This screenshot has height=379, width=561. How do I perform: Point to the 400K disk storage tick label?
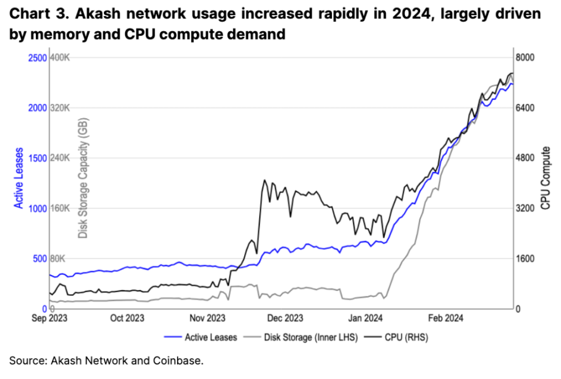pyautogui.click(x=61, y=58)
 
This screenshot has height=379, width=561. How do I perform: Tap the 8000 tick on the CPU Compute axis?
pyautogui.click(x=526, y=58)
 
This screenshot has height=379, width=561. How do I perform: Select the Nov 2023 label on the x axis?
pyautogui.click(x=207, y=318)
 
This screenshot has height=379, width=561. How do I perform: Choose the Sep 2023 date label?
pyautogui.click(x=48, y=318)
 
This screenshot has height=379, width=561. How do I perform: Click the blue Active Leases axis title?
pyautogui.click(x=19, y=178)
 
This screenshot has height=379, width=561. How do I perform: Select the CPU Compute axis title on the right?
pyautogui.click(x=545, y=178)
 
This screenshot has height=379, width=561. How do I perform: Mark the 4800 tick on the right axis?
pyautogui.click(x=526, y=158)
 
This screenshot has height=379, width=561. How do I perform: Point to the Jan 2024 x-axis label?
pyautogui.click(x=364, y=318)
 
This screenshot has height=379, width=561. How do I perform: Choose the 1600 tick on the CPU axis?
pyautogui.click(x=526, y=258)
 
